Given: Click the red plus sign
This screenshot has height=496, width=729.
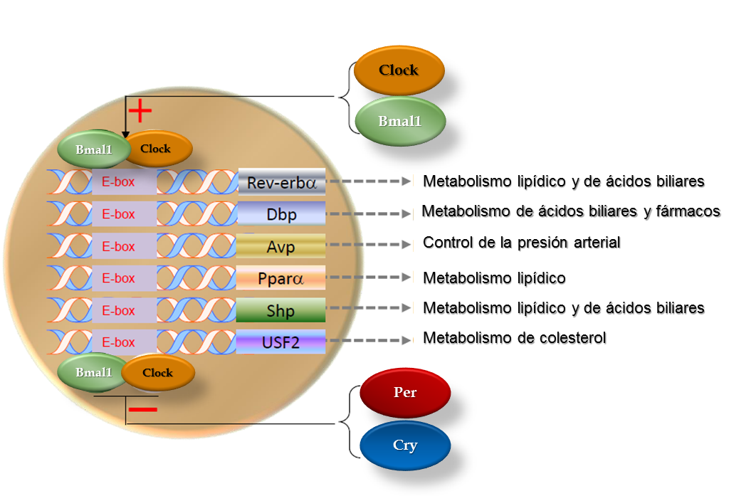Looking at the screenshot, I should (140, 110).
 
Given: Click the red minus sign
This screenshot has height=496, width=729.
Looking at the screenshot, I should (143, 409).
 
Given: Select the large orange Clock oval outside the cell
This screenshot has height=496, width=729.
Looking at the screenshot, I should (399, 70).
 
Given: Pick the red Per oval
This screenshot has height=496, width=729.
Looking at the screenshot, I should (405, 393).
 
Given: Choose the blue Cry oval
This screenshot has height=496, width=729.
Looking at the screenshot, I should (405, 445).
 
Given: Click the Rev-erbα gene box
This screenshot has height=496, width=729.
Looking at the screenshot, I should (281, 182).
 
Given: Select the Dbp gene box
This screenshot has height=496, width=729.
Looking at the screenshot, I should (281, 214).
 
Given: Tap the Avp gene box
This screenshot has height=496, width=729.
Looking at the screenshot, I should (281, 246).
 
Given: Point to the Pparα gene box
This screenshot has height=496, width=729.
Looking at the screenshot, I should (281, 278).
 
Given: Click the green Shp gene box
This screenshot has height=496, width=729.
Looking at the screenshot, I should (281, 310).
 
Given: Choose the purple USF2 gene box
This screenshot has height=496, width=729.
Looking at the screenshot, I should (281, 342).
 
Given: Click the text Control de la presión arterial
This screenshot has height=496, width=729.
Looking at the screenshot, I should (521, 243).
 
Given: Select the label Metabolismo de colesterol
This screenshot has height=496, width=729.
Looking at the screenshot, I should (514, 338).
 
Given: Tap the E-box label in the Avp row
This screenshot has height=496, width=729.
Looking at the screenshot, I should (118, 247).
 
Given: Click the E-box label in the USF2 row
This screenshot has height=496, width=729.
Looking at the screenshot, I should (118, 342).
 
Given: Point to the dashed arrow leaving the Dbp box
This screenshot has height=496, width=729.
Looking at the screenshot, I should (369, 213).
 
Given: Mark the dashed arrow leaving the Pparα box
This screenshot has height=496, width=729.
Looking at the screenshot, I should (369, 278).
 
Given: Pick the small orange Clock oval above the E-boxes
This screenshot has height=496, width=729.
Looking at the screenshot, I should (158, 149).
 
